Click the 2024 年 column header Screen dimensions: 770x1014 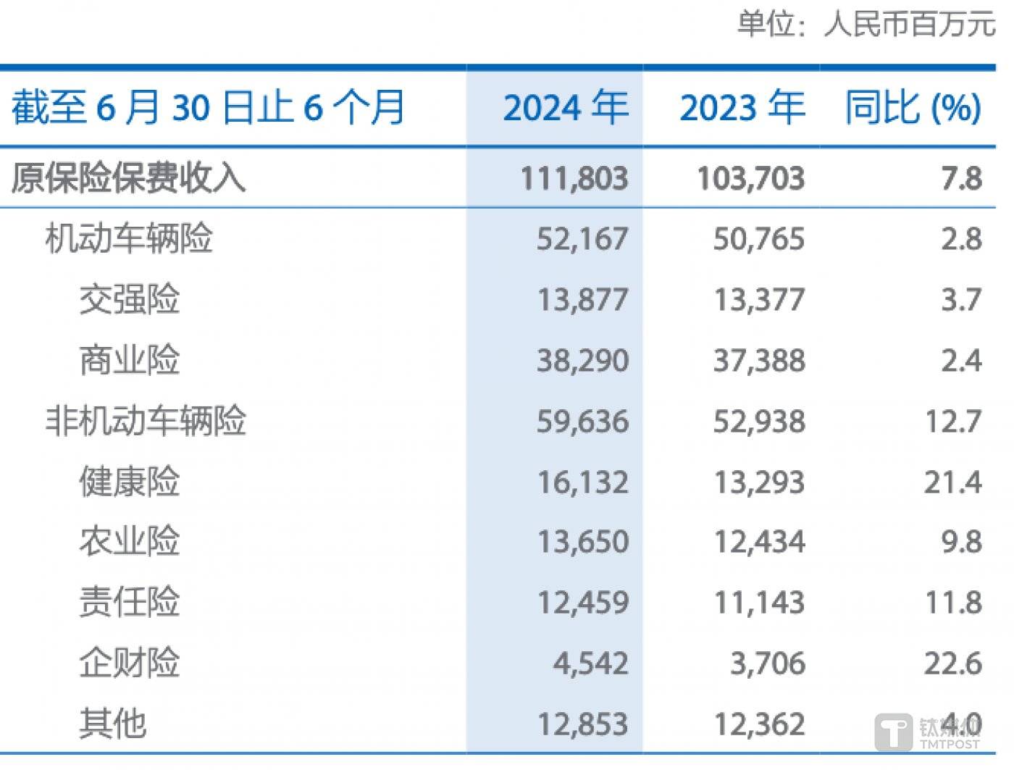pyautogui.click(x=565, y=107)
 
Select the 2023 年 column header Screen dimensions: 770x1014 pyautogui.click(x=742, y=107)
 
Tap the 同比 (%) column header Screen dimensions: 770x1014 pyautogui.click(x=913, y=107)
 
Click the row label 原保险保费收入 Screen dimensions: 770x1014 pyautogui.click(x=128, y=177)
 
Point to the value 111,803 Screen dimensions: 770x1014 pyautogui.click(x=574, y=178)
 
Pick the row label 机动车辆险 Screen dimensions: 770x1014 pyautogui.click(x=128, y=238)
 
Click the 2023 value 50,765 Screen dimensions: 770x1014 pyautogui.click(x=758, y=239)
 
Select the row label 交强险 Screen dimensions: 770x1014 pyautogui.click(x=129, y=299)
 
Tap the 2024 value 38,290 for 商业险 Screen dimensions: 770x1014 pyautogui.click(x=582, y=360)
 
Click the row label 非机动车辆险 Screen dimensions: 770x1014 pyautogui.click(x=146, y=420)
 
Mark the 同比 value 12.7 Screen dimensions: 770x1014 pyautogui.click(x=953, y=421)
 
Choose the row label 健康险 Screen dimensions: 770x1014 pyautogui.click(x=129, y=481)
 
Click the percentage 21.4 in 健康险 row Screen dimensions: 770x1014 pyautogui.click(x=952, y=482)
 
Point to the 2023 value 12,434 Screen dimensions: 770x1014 pyautogui.click(x=759, y=542)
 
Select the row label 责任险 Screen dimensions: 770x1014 pyautogui.click(x=129, y=602)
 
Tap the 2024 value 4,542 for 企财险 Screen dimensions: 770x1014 pyautogui.click(x=590, y=664)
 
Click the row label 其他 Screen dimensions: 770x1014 pyautogui.click(x=112, y=723)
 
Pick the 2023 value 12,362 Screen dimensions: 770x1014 pyautogui.click(x=759, y=724)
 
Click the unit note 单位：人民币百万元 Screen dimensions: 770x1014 pyautogui.click(x=866, y=24)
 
